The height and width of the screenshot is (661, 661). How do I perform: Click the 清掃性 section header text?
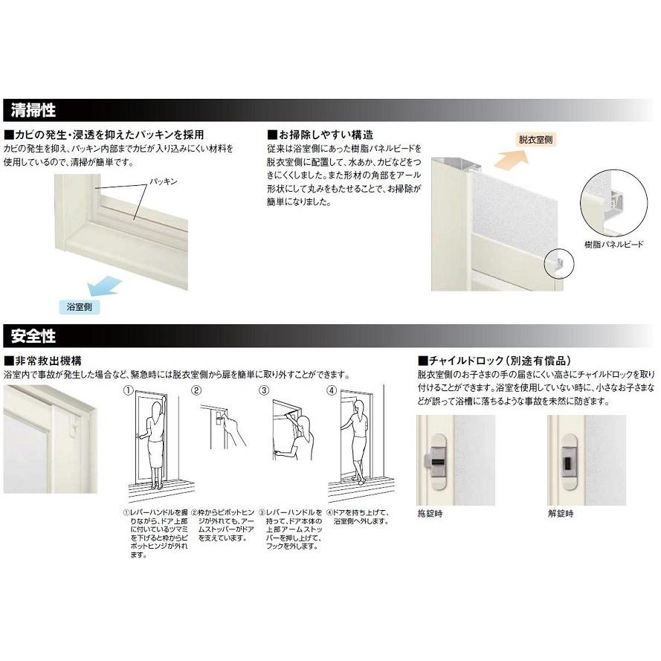pyautogui.click(x=34, y=112)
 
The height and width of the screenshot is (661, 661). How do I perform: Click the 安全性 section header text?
pyautogui.click(x=34, y=337)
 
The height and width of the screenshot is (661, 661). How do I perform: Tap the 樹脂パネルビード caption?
pyautogui.click(x=615, y=244)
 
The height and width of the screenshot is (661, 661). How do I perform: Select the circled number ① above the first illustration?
pyautogui.click(x=129, y=390)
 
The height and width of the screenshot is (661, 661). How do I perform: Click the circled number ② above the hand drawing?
pyautogui.click(x=197, y=390)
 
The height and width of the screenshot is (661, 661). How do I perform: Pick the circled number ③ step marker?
pyautogui.click(x=264, y=390)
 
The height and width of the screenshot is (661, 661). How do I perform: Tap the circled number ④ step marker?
pyautogui.click(x=332, y=390)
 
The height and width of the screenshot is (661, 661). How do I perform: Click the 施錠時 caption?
pyautogui.click(x=430, y=513)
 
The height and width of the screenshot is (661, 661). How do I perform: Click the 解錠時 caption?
pyautogui.click(x=563, y=513)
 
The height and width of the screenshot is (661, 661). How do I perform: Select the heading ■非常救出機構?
pyautogui.click(x=42, y=360)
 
